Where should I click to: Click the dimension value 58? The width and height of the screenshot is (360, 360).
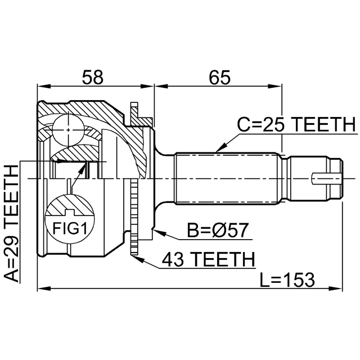[93, 77]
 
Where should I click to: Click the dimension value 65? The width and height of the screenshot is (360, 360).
[218, 77]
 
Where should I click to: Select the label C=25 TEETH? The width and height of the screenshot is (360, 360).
[296, 124]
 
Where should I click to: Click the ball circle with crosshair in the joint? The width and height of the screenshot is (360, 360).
[67, 129]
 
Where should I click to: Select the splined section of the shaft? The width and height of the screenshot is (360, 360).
[228, 179]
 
